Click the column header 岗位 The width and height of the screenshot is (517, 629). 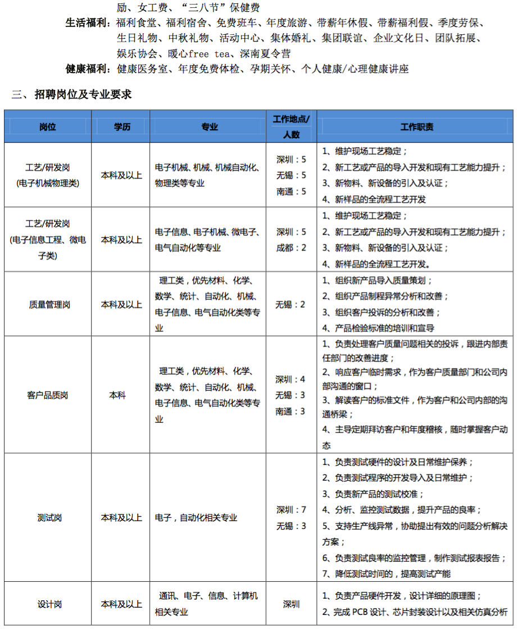48,127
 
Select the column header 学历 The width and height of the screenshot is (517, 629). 121,127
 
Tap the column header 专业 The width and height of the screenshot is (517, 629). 210,127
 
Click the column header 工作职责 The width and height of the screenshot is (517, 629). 416,127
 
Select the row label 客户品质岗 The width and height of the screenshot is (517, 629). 48,395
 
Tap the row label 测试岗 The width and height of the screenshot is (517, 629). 48,517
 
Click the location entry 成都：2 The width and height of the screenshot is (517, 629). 291,248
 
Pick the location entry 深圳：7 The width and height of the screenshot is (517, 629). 291,510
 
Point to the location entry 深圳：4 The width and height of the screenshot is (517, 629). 291,379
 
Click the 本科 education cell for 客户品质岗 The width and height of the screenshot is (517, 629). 117,395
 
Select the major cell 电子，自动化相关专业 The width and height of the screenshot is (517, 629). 196,517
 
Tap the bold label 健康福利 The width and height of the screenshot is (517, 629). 86,69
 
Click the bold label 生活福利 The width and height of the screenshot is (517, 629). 86,24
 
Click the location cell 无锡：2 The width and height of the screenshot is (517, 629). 291,304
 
